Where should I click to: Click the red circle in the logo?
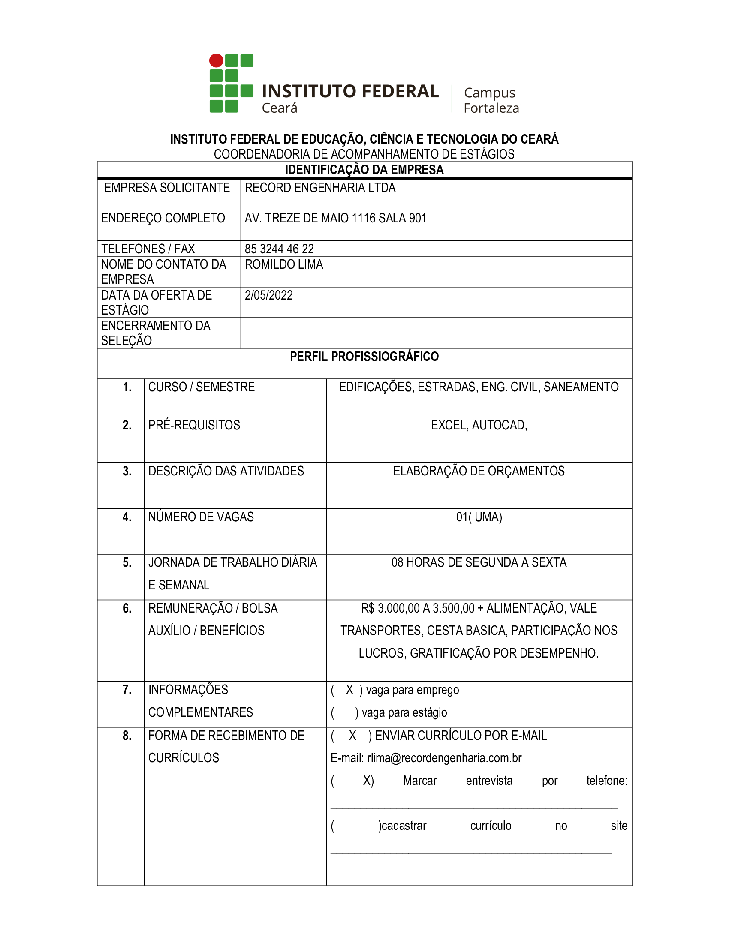[x=216, y=60]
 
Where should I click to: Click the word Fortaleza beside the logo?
[x=491, y=108]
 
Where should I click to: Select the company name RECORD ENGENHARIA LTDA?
[x=319, y=188]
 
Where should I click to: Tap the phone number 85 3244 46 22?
[x=279, y=249]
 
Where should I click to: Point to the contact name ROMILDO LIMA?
[x=284, y=264]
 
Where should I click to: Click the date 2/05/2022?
[x=268, y=295]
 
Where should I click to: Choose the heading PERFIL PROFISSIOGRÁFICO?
[x=364, y=357]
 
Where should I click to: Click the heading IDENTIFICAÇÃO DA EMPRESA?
[x=364, y=170]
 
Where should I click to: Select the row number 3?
[x=127, y=471]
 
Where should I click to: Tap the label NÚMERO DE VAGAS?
[x=201, y=517]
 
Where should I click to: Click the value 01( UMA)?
[x=479, y=517]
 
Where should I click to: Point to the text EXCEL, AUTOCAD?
[x=479, y=425]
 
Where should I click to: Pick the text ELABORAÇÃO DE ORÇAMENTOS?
[x=479, y=471]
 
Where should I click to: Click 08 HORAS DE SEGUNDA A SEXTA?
[x=479, y=562]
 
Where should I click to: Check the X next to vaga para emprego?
[x=349, y=690]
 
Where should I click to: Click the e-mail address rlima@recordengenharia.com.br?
[x=444, y=758]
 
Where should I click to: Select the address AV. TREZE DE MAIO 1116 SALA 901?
[x=335, y=219]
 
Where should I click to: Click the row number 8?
[x=127, y=735]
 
